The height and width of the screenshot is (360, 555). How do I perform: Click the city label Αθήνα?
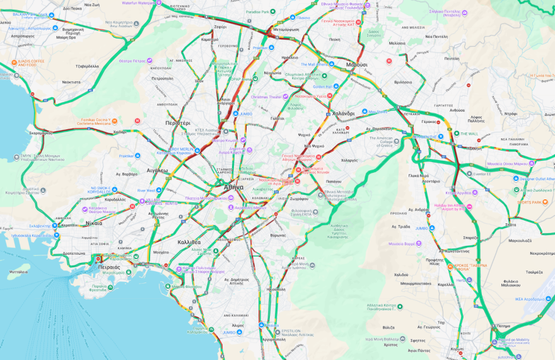pyautogui.click(x=233, y=187)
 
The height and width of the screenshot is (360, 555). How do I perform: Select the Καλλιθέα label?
pyautogui.click(x=189, y=242)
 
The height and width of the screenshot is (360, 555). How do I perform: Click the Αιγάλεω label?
pyautogui.click(x=158, y=170)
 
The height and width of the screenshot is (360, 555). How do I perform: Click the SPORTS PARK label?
pyautogui.click(x=529, y=202)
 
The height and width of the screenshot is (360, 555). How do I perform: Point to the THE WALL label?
pyautogui.click(x=469, y=134)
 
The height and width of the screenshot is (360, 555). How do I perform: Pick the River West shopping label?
pyautogui.click(x=146, y=190)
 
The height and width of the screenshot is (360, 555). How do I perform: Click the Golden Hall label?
pyautogui.click(x=322, y=86)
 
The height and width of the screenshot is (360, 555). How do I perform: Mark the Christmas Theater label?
pyautogui.click(x=266, y=97)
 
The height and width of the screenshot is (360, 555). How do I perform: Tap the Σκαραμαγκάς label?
pyautogui.click(x=40, y=133)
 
